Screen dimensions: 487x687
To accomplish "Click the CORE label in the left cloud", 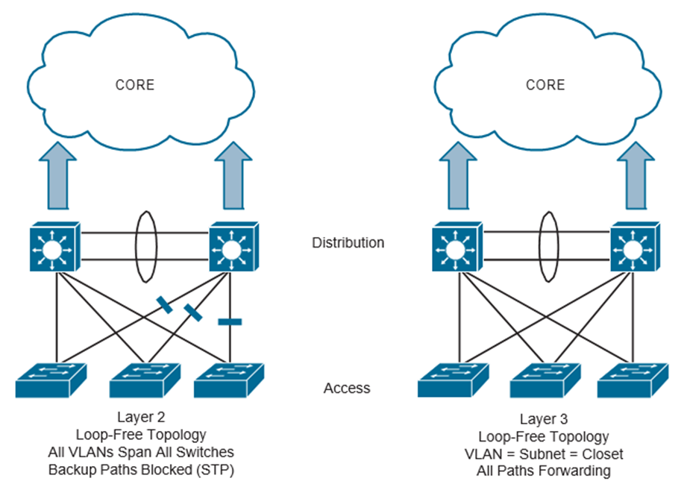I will (x=135, y=84).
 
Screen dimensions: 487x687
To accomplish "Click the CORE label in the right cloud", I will (x=545, y=84).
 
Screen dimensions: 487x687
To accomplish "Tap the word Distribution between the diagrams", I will (x=349, y=242).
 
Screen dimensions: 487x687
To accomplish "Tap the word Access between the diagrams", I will (x=347, y=388).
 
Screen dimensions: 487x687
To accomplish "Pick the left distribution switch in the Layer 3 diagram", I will (x=455, y=246).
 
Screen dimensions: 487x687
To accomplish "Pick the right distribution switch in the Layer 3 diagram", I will (x=635, y=246).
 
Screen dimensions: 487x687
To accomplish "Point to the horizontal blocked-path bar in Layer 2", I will (x=230, y=322).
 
